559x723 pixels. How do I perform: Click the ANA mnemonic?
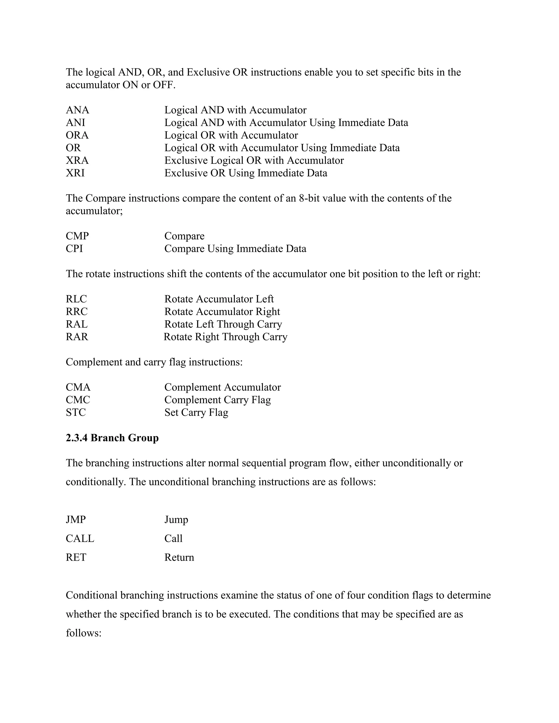78,110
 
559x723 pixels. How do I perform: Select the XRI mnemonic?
75,173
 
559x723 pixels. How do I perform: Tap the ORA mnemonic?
77,135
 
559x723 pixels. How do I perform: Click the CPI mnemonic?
74,248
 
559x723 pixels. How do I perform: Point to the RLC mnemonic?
76,299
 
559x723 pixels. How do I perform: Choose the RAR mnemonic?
77,337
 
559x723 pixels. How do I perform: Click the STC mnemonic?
76,412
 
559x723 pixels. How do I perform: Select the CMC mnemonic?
78,400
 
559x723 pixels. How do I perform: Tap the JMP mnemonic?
76,519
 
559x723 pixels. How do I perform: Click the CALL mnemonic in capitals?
80,538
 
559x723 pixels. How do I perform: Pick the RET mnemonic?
76,557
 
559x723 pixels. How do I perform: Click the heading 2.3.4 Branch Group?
112,438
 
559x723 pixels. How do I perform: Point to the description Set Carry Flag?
196,412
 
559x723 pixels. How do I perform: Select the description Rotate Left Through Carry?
223,324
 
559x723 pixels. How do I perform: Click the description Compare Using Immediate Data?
235,248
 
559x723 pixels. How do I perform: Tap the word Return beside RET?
179,557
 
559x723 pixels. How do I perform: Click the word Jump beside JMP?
176,519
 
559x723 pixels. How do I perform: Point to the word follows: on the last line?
83,633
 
